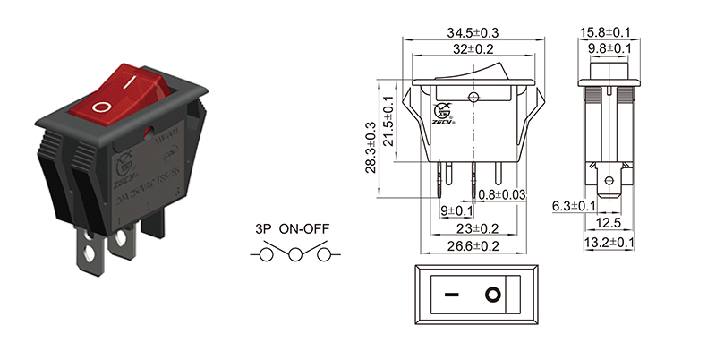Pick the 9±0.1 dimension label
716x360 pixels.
click(456, 211)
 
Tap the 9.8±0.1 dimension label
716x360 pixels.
click(610, 48)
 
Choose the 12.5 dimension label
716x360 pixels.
click(609, 223)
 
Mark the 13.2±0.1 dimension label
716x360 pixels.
click(609, 242)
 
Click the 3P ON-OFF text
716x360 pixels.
click(292, 229)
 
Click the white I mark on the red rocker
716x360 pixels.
click(132, 81)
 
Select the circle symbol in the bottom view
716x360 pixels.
click(491, 294)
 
